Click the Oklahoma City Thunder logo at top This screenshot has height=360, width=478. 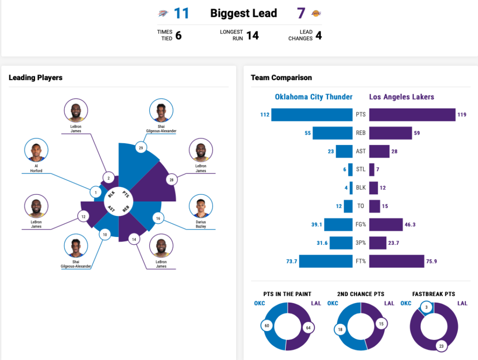pyautogui.click(x=162, y=14)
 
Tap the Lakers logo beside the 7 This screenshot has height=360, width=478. pyautogui.click(x=316, y=13)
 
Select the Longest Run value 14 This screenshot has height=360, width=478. pyautogui.click(x=253, y=35)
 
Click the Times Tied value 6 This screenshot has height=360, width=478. pyautogui.click(x=178, y=35)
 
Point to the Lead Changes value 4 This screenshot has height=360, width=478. pyautogui.click(x=318, y=35)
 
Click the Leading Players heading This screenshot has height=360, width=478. pyautogui.click(x=35, y=77)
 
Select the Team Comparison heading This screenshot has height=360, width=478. pyautogui.click(x=281, y=77)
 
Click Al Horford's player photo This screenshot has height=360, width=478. pyautogui.click(x=36, y=150)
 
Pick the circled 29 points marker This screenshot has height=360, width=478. pyautogui.click(x=141, y=148)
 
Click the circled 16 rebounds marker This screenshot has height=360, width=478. pyautogui.click(x=158, y=218)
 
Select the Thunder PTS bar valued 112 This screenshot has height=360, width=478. pyautogui.click(x=312, y=115)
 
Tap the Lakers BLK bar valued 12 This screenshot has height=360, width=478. pyautogui.click(x=373, y=188)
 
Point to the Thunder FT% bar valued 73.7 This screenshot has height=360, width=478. pyautogui.click(x=326, y=261)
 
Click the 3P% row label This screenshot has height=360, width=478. pyautogui.click(x=361, y=243)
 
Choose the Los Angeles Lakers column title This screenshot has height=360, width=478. pyautogui.click(x=401, y=97)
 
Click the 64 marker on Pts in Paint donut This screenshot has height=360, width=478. pyautogui.click(x=309, y=327)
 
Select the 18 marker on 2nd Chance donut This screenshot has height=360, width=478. pyautogui.click(x=340, y=330)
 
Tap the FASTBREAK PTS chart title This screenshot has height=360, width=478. pyautogui.click(x=434, y=294)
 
